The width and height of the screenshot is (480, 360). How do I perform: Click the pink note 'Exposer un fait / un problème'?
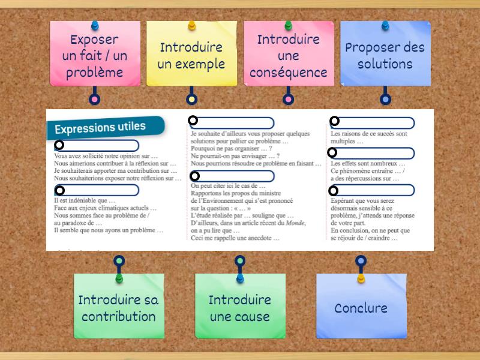tap(95, 55)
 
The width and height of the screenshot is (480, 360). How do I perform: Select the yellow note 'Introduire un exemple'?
tap(191, 55)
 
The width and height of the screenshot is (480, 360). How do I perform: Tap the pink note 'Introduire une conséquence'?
tap(288, 55)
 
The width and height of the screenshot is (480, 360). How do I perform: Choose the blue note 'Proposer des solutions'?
tap(385, 55)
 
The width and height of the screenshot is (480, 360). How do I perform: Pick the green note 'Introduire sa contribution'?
tap(119, 307)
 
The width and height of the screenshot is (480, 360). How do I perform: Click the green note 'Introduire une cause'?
tap(240, 307)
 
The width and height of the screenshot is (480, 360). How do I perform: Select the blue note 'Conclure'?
tap(361, 307)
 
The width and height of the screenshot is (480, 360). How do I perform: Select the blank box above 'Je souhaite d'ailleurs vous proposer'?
tap(232, 123)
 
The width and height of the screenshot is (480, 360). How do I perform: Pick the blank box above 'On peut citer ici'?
tap(232, 176)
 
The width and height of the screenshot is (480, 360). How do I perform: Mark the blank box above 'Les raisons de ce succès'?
tap(373, 122)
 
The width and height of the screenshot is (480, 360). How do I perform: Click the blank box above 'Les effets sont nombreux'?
tap(373, 153)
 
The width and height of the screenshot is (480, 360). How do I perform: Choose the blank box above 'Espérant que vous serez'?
tap(373, 190)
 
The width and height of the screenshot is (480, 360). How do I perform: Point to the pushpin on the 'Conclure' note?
tap(361, 278)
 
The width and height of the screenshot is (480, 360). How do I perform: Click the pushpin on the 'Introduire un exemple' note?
tap(191, 26)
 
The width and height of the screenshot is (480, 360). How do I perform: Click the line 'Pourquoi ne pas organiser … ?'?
tap(232, 149)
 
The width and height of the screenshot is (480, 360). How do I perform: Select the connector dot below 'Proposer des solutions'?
tap(385, 99)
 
